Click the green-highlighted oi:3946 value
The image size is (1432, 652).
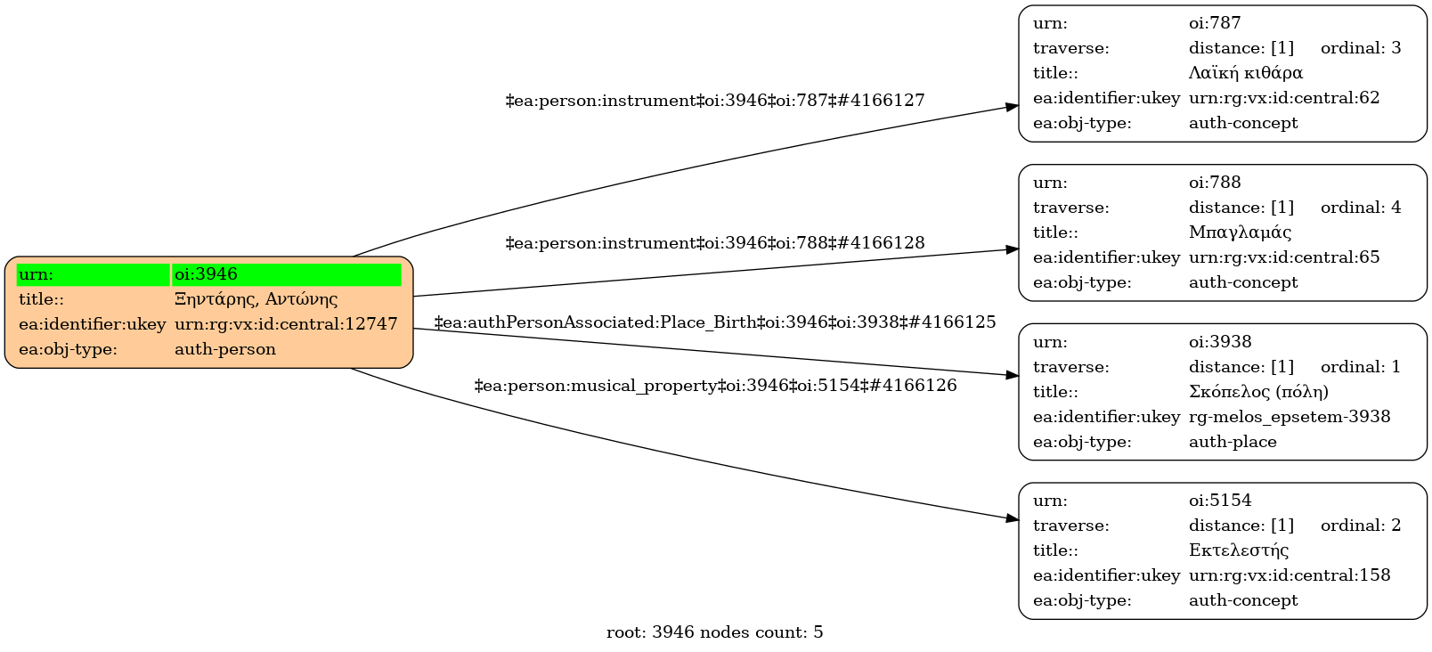(x=207, y=274)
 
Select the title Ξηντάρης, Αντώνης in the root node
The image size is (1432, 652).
(x=256, y=299)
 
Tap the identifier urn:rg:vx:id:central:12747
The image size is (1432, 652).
(x=286, y=324)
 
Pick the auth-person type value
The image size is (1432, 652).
(x=225, y=349)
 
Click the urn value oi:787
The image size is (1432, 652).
(x=1215, y=23)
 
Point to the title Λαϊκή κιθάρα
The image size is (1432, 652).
(x=1245, y=73)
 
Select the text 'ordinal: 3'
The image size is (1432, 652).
(x=1361, y=48)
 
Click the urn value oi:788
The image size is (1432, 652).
(x=1215, y=183)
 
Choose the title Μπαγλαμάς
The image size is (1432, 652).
(x=1240, y=232)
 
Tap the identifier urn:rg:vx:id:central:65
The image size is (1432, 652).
(x=1284, y=257)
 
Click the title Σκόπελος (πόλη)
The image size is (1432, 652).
(x=1258, y=392)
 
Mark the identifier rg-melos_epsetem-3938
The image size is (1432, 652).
(x=1290, y=417)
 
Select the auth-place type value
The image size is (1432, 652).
(x=1233, y=442)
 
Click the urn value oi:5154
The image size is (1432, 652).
(x=1220, y=501)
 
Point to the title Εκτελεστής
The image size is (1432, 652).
(x=1239, y=550)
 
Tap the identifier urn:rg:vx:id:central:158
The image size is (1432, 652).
(x=1290, y=575)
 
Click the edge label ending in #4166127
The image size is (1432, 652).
(x=715, y=101)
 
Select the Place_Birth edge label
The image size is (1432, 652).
(x=715, y=322)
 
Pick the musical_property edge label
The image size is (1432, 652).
(x=715, y=386)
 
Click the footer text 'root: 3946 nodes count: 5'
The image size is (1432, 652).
(x=715, y=632)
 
